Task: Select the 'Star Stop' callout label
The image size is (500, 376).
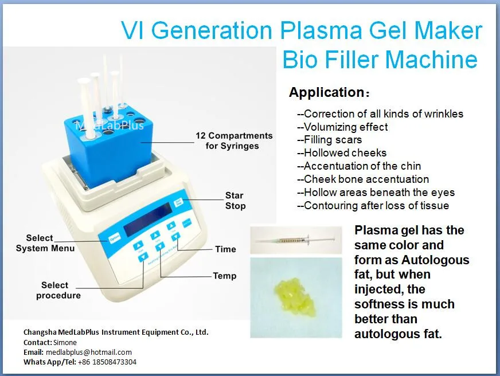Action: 235,201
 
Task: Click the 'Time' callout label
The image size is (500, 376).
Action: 225,249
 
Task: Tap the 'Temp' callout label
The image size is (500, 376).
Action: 225,276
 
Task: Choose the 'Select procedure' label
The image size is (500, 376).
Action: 58,290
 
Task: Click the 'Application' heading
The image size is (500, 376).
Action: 326,92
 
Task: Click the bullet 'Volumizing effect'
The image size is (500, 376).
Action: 342,127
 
